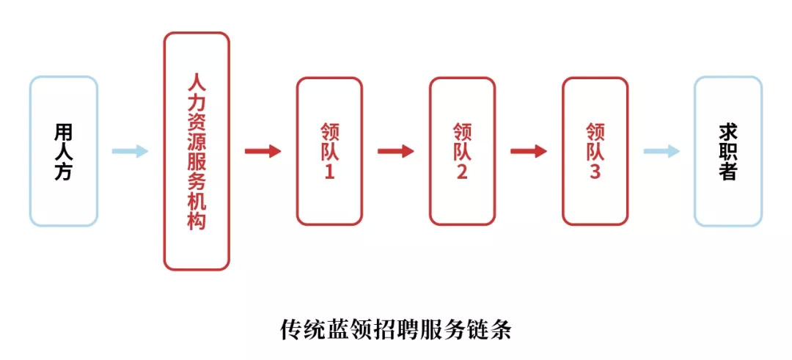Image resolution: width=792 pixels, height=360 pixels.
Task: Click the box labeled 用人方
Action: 64,151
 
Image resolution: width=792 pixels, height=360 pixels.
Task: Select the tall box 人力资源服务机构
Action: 197,151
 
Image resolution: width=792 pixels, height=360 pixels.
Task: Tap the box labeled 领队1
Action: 329,151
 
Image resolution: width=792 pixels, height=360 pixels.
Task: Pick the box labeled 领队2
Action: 462,151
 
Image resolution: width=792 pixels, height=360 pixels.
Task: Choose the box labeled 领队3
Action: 595,151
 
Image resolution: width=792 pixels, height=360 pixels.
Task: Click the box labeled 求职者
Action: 728,151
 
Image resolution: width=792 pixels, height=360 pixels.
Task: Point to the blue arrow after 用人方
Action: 130,151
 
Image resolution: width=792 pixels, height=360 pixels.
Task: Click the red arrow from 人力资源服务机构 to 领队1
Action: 263,151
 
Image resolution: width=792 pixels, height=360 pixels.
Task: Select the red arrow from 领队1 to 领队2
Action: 395,151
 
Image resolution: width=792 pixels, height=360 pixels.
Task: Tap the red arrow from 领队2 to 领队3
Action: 528,151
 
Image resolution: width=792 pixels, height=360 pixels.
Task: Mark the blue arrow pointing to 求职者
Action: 661,151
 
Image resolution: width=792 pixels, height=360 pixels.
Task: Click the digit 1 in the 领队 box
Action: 329,174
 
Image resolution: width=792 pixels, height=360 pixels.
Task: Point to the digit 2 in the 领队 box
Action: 462,174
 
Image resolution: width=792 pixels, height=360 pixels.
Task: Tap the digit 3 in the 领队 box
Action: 595,174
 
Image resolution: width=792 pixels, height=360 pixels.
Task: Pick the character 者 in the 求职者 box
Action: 728,172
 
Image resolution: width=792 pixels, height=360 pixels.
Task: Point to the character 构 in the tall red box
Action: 197,221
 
